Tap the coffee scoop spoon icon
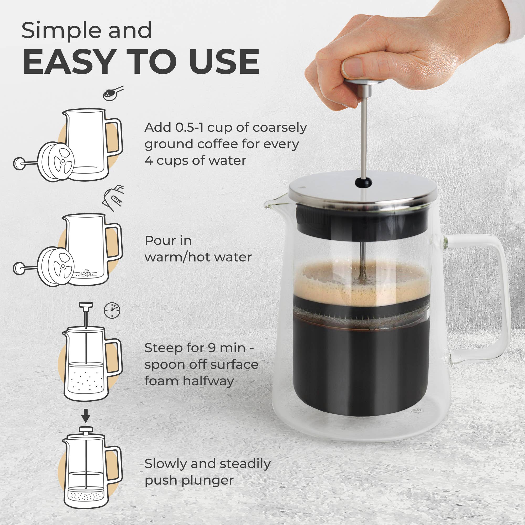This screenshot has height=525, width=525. coord(113,93)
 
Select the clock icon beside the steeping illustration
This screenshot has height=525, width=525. coord(112,310)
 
